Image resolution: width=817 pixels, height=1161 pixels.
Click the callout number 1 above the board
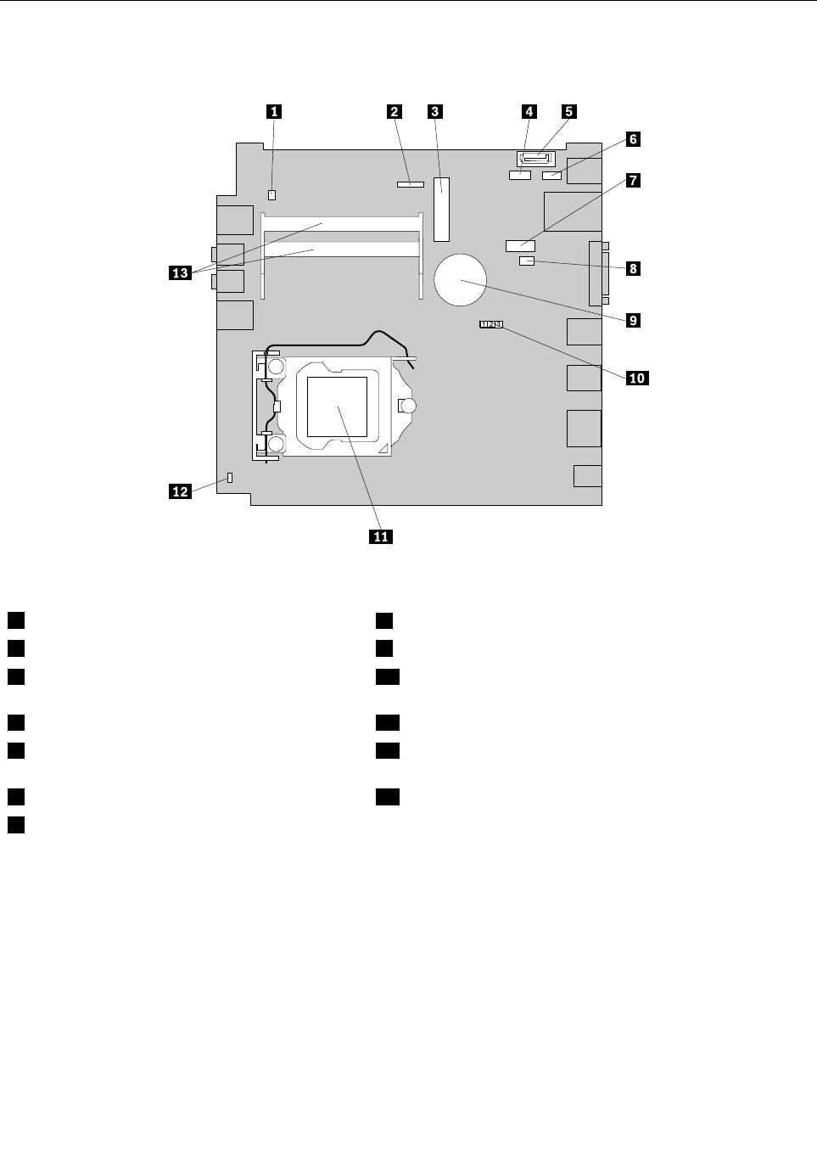tap(272, 110)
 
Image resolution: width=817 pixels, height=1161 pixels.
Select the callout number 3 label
tap(435, 110)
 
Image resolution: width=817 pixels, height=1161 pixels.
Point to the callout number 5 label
tap(569, 111)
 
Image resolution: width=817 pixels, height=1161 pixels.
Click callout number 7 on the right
tap(633, 180)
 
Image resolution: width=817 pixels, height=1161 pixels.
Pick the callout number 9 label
tap(633, 320)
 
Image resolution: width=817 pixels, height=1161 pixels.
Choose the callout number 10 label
tap(636, 378)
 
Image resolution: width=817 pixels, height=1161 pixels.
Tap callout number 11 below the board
tap(381, 536)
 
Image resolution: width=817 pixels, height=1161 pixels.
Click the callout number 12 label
tap(180, 491)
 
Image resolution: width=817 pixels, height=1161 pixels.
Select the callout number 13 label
tap(180, 272)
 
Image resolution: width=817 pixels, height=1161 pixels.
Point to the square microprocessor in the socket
tap(337, 406)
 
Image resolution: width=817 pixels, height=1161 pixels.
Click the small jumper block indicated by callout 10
tap(491, 323)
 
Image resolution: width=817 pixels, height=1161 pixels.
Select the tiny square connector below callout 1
tap(272, 194)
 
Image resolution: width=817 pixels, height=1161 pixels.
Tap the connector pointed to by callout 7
tap(520, 245)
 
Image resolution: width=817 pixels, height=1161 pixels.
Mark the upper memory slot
tap(342, 224)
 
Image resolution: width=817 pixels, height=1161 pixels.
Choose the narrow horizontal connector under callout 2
tap(410, 182)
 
